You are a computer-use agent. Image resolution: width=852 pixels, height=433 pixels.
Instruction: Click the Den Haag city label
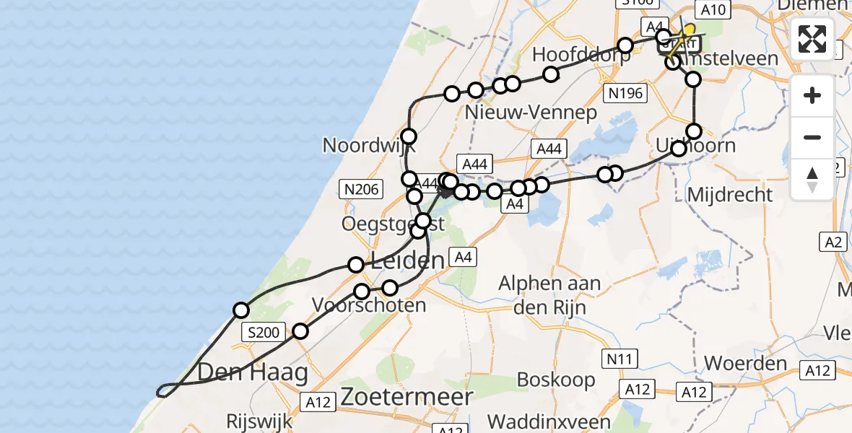coord(252,372)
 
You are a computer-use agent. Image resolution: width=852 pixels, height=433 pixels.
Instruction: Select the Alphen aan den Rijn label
coord(549,293)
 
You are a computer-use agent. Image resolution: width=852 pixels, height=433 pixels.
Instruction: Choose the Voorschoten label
coord(368,305)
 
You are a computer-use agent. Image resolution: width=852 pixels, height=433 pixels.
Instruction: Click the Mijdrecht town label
coord(730,194)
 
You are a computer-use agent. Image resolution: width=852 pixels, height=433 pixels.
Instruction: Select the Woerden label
coord(746,362)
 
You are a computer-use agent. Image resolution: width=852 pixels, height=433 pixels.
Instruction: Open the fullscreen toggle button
coord(812,39)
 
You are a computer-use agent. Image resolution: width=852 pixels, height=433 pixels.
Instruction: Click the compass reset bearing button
coord(812,178)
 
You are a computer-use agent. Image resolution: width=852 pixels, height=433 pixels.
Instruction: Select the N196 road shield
coord(625,93)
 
